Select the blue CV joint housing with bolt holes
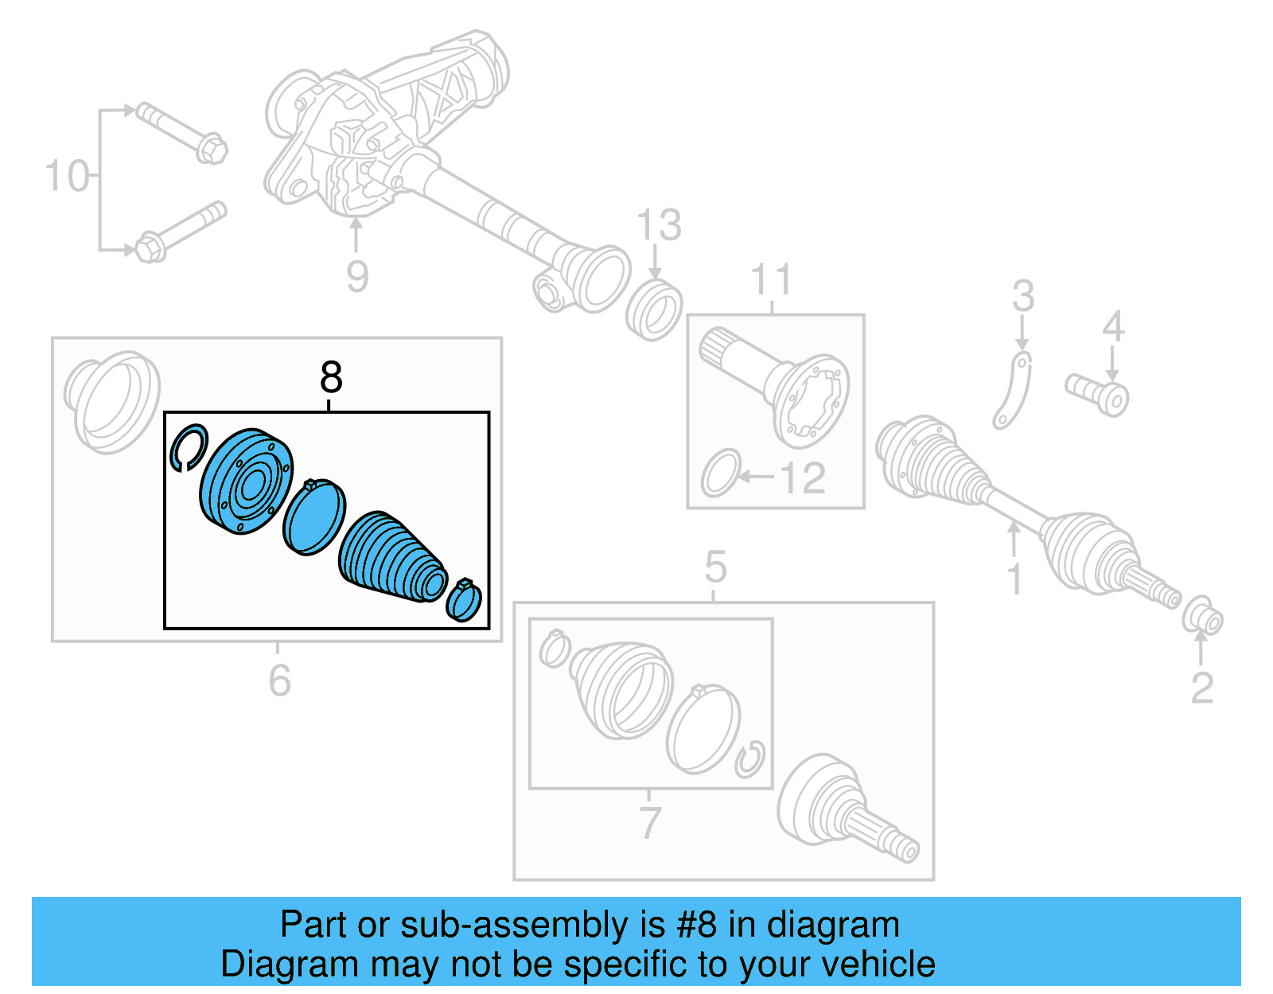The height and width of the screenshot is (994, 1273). point(244,481)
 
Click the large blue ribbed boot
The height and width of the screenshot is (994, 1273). point(390,557)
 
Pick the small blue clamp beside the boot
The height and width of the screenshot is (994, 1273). point(465,600)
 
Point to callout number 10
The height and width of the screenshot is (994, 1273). point(67,176)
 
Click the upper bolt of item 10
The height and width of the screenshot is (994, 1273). point(181,133)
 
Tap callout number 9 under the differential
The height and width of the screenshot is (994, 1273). point(357,276)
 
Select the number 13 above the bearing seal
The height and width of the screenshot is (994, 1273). point(660,225)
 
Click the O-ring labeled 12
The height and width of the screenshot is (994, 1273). point(721,473)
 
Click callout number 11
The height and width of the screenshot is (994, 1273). point(771,280)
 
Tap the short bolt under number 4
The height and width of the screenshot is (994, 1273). point(1098,394)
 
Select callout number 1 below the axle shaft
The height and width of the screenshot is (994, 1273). point(1014,579)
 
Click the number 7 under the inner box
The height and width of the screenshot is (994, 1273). point(650,822)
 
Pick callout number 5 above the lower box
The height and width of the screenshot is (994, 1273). point(715,567)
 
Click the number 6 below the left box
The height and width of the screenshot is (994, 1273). point(279,680)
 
